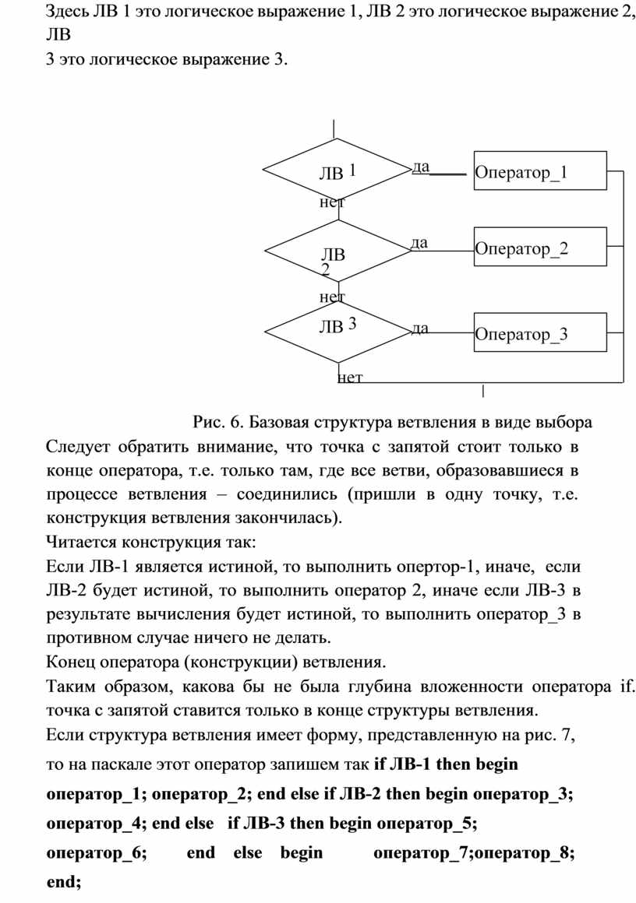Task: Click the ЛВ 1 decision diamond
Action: [x=336, y=170]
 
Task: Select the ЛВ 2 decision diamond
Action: [x=338, y=251]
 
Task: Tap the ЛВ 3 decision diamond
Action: [x=338, y=332]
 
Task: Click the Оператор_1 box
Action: [x=540, y=170]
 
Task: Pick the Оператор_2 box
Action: [x=540, y=247]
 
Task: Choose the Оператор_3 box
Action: [x=540, y=332]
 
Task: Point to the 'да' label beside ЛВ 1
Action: [x=421, y=167]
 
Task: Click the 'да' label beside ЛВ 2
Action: [x=419, y=242]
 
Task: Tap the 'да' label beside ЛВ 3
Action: [x=420, y=329]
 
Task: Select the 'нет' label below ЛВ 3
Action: [x=350, y=378]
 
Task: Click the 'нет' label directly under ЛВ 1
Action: [x=332, y=202]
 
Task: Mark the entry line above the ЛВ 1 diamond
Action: [x=334, y=128]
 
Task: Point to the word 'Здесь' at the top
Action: [x=68, y=12]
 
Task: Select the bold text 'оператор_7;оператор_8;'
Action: [x=474, y=853]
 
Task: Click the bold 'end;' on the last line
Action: [x=64, y=882]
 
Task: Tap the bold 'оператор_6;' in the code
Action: [x=97, y=853]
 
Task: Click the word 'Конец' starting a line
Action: [x=70, y=662]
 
